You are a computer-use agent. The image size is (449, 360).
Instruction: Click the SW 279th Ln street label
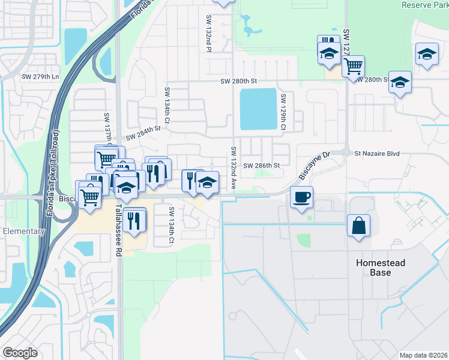coord(40,77)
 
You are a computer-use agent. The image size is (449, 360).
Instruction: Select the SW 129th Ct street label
coord(282,112)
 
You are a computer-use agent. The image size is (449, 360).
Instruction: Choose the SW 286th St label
coord(261,165)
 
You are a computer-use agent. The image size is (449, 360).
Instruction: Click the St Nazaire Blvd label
coord(376,154)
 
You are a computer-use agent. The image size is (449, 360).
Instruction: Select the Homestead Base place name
coord(381,268)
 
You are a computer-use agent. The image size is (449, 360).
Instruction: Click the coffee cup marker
coord(301,196)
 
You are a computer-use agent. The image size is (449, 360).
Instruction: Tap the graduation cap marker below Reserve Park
coord(426,55)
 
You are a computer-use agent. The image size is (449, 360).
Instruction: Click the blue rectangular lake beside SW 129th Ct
coord(259,109)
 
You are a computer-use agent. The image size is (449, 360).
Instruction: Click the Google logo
coord(20,353)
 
